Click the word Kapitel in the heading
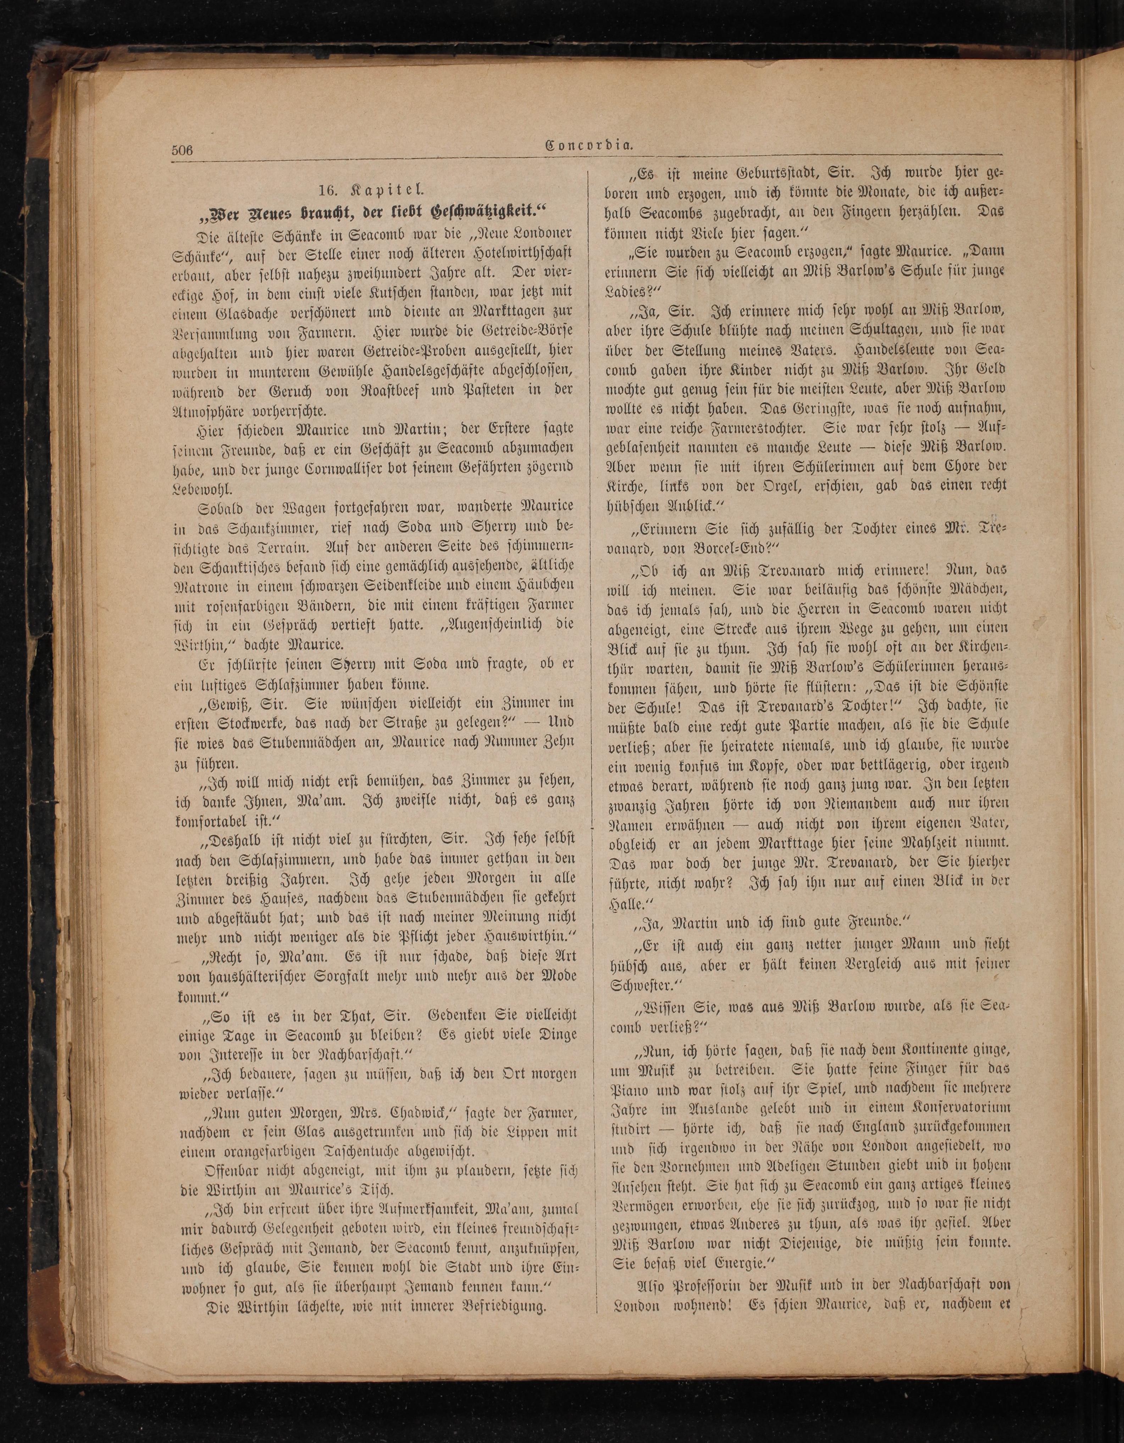pos(393,190)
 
